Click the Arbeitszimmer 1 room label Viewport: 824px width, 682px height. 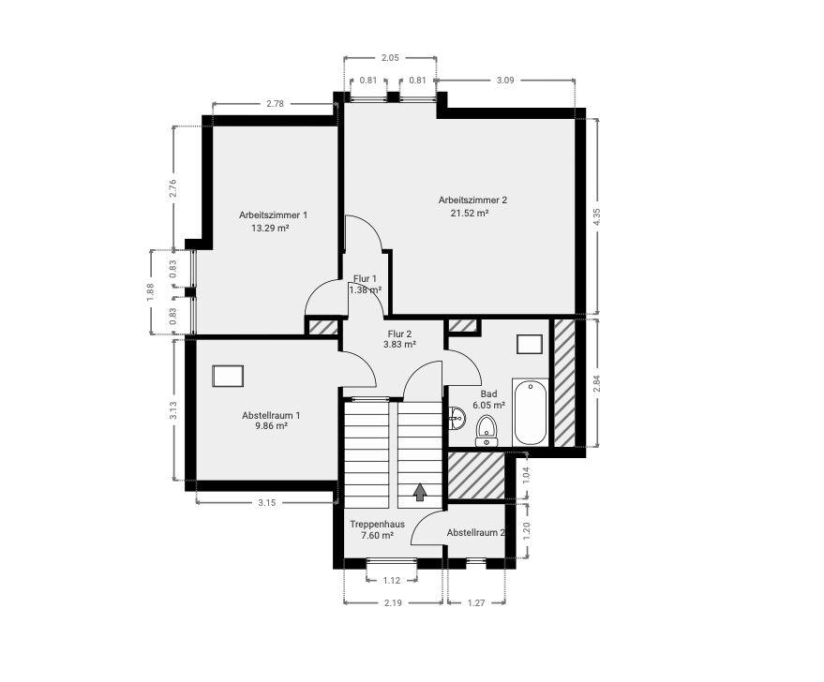click(x=273, y=215)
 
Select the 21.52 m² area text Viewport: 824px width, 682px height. click(x=470, y=213)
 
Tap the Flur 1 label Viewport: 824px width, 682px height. click(x=365, y=278)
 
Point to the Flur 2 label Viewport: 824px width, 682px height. click(x=400, y=333)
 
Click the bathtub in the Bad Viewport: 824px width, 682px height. click(x=532, y=412)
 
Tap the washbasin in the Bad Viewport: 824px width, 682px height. click(x=457, y=417)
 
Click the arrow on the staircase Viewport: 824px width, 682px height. click(x=420, y=491)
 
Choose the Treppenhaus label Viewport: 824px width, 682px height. click(x=377, y=524)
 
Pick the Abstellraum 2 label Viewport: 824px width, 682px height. click(x=475, y=532)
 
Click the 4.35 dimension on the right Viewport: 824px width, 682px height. click(x=596, y=215)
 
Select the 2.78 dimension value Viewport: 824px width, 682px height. click(x=275, y=103)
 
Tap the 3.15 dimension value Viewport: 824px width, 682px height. click(x=266, y=503)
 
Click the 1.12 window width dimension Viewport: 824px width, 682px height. click(x=393, y=580)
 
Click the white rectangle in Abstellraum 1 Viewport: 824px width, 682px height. click(x=229, y=376)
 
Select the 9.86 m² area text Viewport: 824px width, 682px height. click(x=270, y=425)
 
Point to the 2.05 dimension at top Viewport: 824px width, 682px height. click(x=390, y=58)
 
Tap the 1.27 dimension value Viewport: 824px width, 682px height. click(x=477, y=602)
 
